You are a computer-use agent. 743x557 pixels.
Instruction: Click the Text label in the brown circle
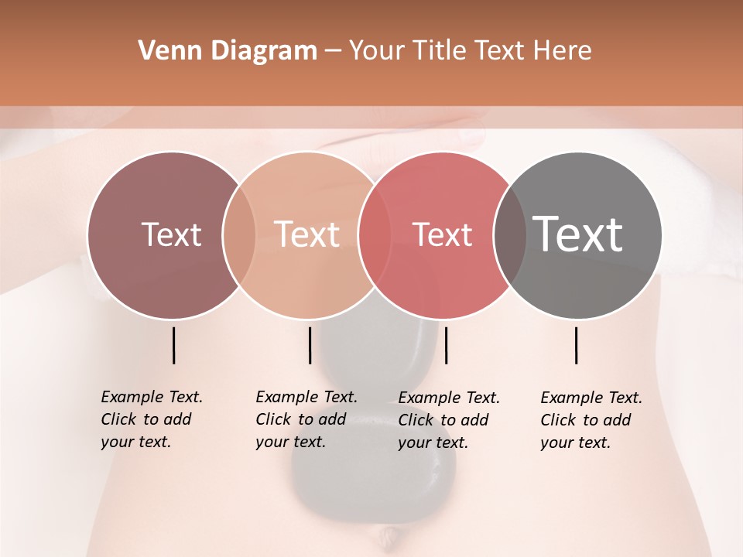(171, 234)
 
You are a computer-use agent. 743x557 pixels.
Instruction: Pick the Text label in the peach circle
(306, 234)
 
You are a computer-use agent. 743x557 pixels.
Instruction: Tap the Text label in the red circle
(442, 234)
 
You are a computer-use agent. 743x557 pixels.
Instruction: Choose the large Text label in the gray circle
(577, 234)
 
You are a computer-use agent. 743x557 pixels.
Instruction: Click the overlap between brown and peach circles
(239, 235)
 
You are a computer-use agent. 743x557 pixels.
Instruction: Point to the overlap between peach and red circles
(374, 235)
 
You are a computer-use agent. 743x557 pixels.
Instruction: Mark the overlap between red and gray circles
(509, 235)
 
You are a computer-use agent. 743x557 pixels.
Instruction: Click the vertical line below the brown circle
(173, 345)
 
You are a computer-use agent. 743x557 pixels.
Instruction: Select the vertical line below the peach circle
(310, 345)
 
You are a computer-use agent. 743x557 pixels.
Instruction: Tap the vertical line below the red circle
(446, 345)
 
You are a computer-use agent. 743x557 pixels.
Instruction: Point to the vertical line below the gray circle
(576, 345)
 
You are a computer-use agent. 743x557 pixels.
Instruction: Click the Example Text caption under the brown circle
(151, 419)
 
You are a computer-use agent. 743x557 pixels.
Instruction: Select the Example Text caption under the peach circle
(306, 419)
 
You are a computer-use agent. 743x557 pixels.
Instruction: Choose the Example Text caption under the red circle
(448, 420)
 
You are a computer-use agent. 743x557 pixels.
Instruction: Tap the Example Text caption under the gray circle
(591, 420)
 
